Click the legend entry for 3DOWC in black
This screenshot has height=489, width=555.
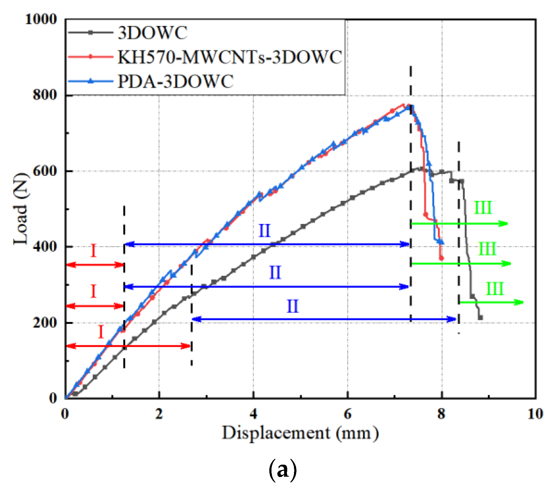(153, 33)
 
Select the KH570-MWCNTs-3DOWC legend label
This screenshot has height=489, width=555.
(230, 57)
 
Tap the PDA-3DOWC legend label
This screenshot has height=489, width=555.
(175, 82)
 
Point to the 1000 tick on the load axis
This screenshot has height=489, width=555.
(41, 19)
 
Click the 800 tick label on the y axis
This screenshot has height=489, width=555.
(45, 95)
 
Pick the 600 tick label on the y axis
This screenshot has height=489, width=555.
(45, 171)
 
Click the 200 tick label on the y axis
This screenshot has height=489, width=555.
(45, 323)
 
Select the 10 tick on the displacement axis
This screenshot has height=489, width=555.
(535, 414)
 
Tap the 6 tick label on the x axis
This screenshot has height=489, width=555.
(348, 414)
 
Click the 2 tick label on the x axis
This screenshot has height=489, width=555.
(159, 414)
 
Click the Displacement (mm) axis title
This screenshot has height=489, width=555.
(300, 433)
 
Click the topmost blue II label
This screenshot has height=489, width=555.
(264, 231)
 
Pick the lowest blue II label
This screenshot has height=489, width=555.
(292, 306)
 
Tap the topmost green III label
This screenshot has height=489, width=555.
(483, 208)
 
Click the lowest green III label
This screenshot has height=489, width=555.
(495, 289)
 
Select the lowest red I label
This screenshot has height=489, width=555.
(101, 332)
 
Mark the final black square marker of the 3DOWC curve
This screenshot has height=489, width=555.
(480, 317)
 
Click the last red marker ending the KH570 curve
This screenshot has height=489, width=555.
(441, 258)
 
